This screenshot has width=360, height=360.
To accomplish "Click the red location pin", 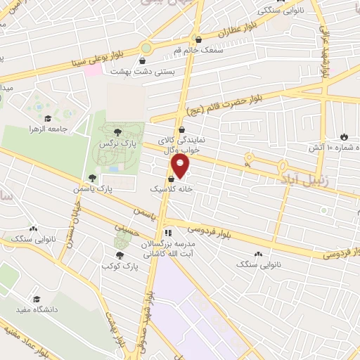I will [x=181, y=167].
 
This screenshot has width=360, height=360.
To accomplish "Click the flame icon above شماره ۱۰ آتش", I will [x=343, y=136].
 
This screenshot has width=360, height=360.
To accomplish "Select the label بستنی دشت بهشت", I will [x=138, y=72].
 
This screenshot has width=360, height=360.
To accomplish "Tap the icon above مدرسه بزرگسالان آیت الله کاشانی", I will [x=167, y=233].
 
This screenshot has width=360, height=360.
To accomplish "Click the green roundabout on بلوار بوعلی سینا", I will [x=146, y=48].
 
